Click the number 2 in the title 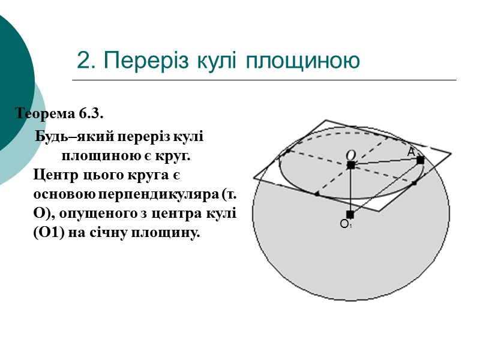pos(84,61)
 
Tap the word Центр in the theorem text pos(54,175)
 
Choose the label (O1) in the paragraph pos(49,234)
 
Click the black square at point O pos(350,165)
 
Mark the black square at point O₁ pos(350,214)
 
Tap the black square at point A pos(420,160)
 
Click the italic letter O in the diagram pos(350,155)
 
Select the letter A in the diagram pos(410,153)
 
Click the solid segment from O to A pos(385,163)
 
